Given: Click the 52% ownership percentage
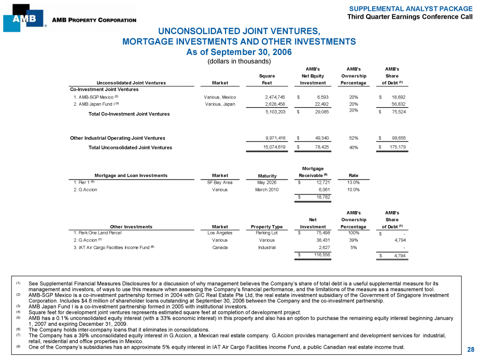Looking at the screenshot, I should click(x=352, y=138).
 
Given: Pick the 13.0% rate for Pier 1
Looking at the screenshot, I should click(x=353, y=182).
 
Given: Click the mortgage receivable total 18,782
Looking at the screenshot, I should click(x=319, y=197).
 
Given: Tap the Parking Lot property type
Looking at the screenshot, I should click(x=266, y=233).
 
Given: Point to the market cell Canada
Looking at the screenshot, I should click(x=220, y=247).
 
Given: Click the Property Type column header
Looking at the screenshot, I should click(x=266, y=227).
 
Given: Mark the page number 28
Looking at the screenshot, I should click(x=470, y=350).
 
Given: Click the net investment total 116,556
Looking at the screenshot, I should click(x=317, y=255).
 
